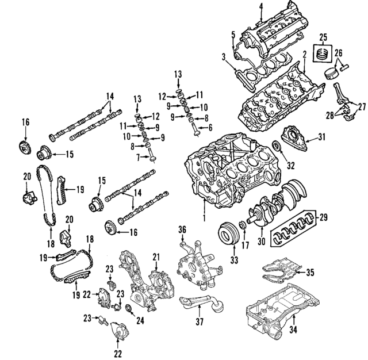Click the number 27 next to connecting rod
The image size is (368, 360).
coord(361,106)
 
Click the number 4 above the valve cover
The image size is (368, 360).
coord(260,6)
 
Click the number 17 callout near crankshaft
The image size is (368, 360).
coord(246,245)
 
